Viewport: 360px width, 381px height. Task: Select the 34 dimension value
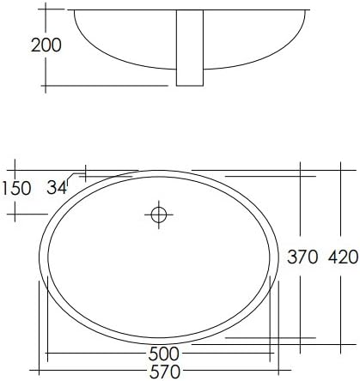[58, 188]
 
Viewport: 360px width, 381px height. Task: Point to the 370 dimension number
[304, 257]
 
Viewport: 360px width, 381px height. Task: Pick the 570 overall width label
[162, 372]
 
